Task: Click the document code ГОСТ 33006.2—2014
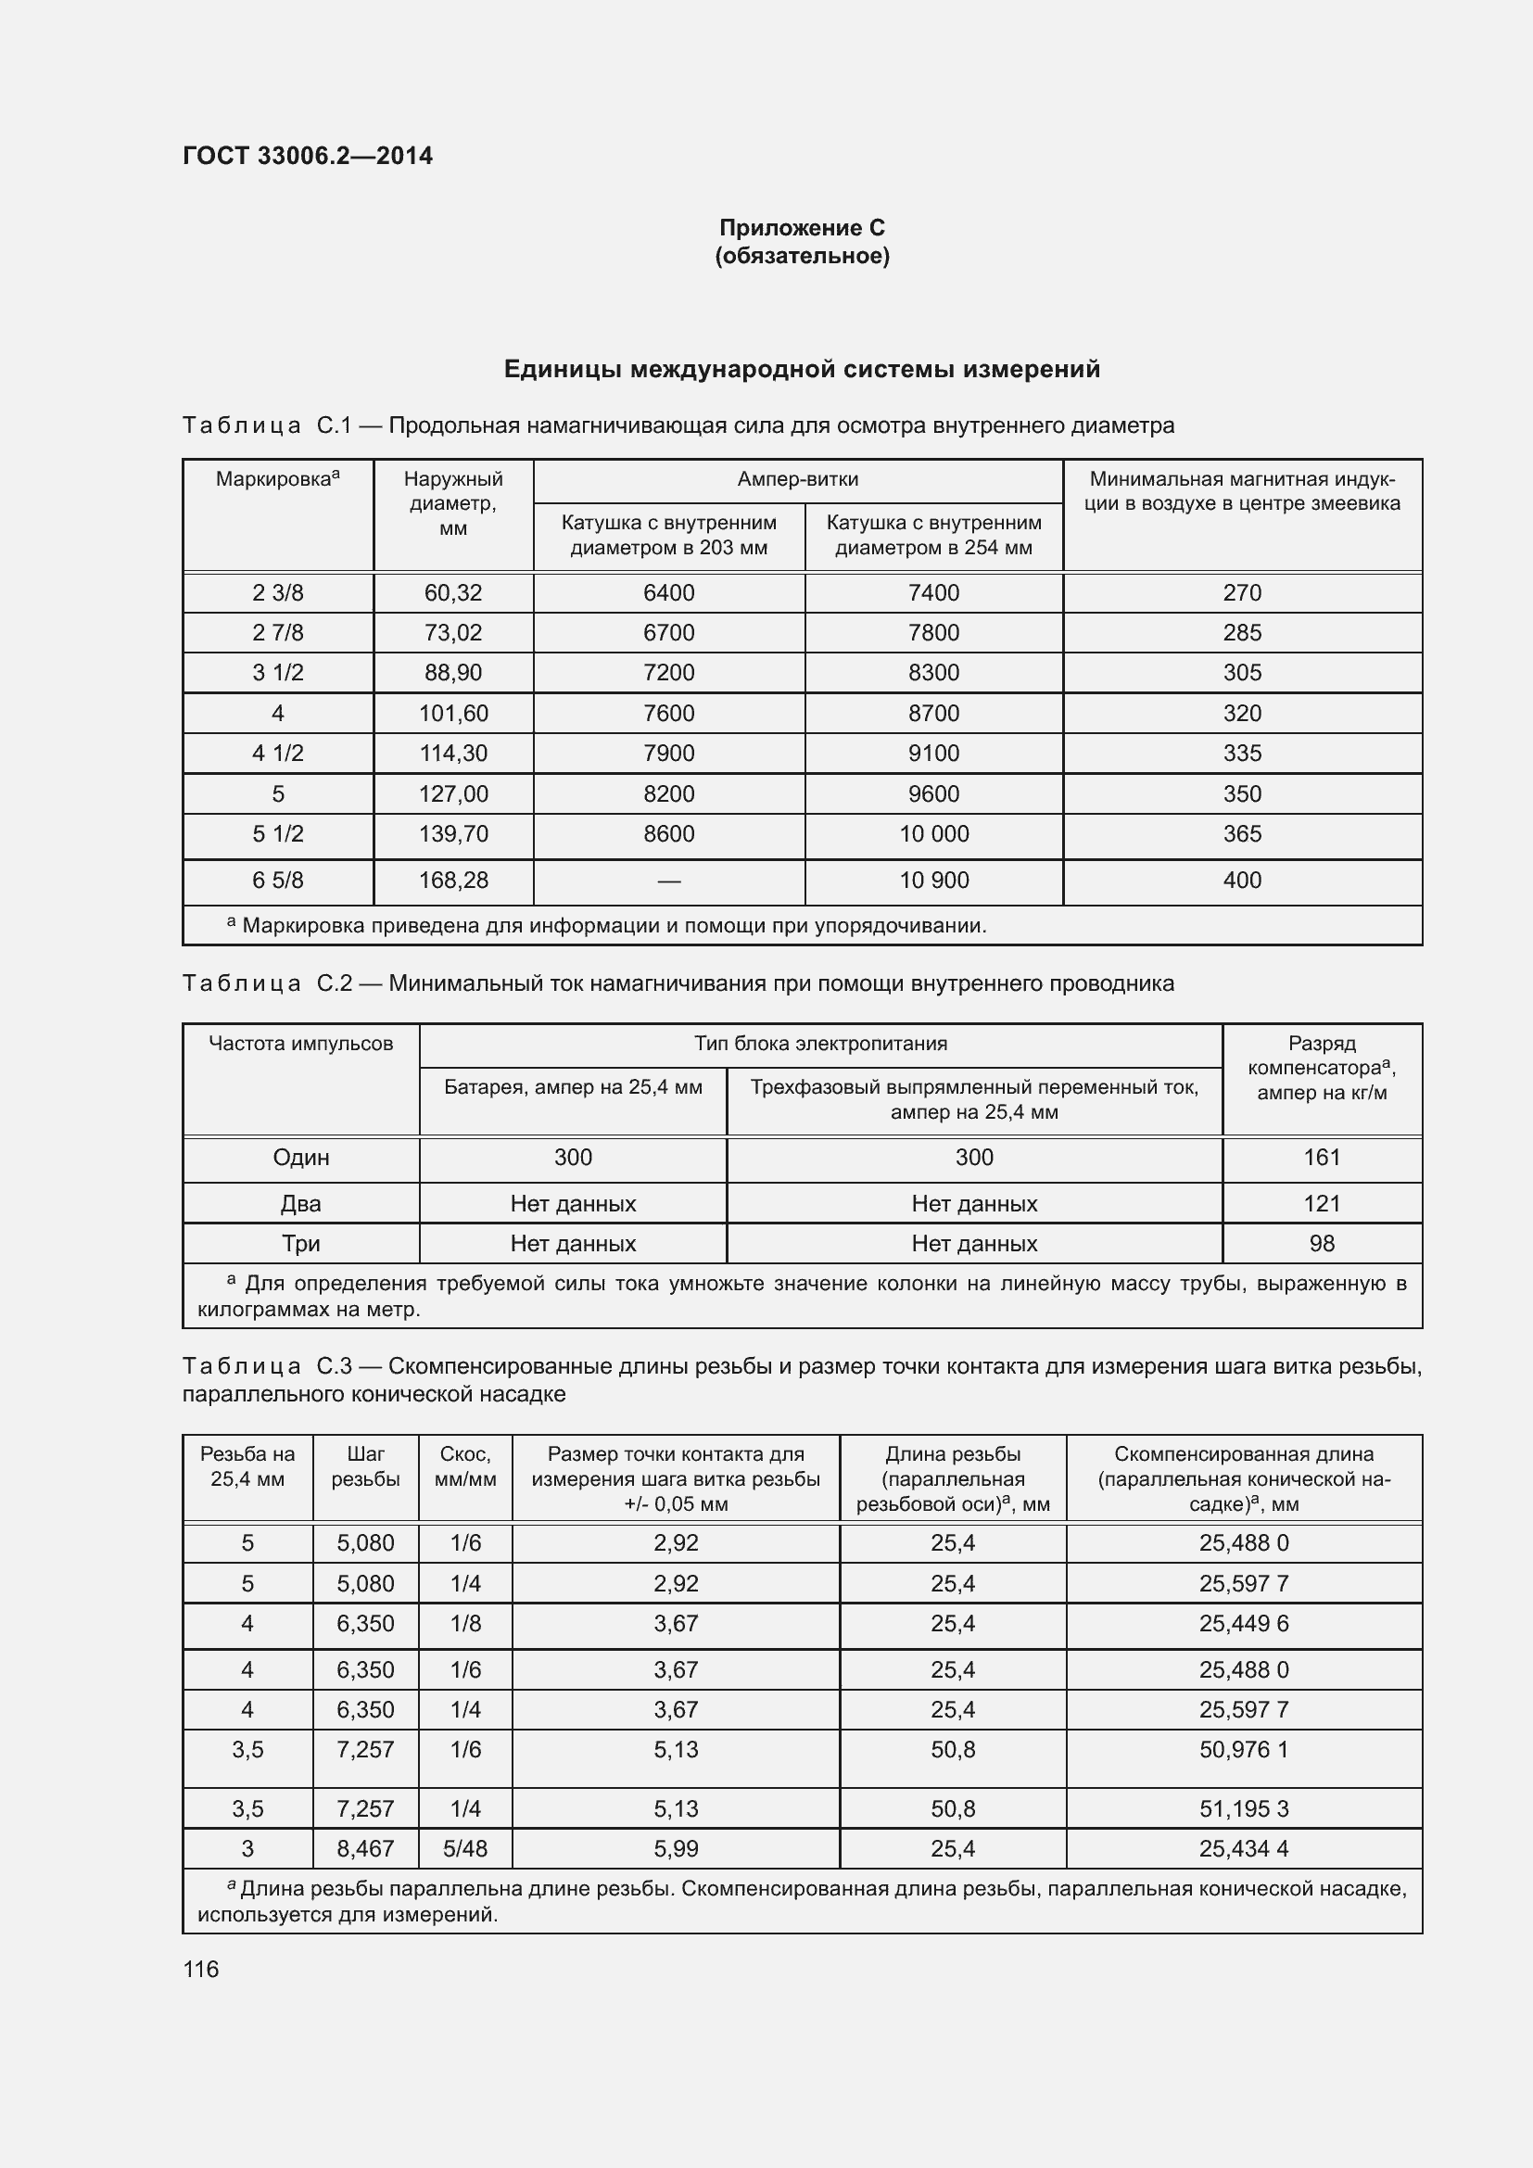[308, 156]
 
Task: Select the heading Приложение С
[802, 228]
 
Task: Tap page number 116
[200, 1969]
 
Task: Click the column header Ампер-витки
[798, 478]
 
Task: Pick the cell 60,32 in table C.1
[453, 593]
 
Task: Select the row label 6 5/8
[277, 880]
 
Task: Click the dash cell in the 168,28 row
[668, 880]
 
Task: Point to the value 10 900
[933, 880]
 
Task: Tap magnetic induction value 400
[1241, 880]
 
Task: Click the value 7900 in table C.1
[668, 754]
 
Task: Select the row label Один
[300, 1158]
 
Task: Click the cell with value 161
[1322, 1158]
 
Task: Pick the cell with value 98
[1322, 1244]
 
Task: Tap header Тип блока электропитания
[820, 1044]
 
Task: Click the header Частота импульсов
[300, 1044]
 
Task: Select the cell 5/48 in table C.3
[465, 1849]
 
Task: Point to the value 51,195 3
[1243, 1809]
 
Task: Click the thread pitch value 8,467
[365, 1849]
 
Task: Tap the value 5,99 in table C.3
[676, 1849]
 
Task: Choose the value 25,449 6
[1243, 1624]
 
